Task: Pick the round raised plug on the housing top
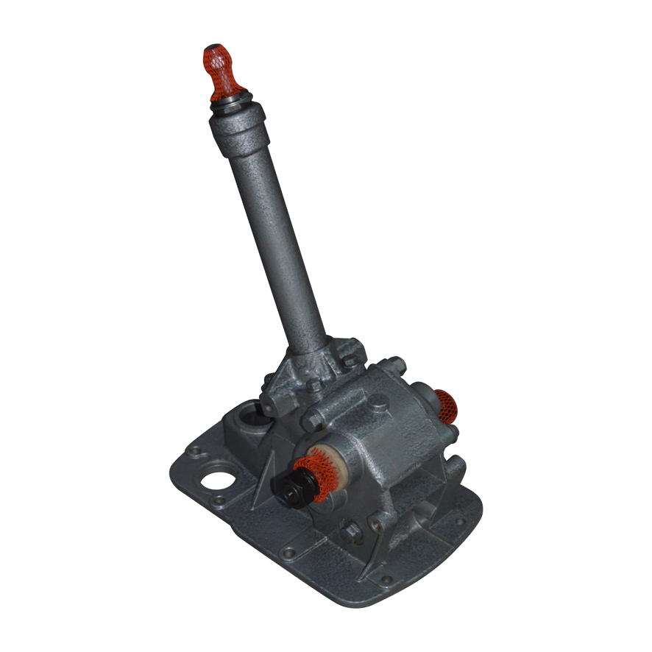(x=378, y=403)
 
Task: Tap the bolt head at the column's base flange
(x=349, y=360)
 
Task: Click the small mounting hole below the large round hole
(x=218, y=503)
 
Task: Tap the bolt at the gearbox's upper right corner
(x=394, y=364)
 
